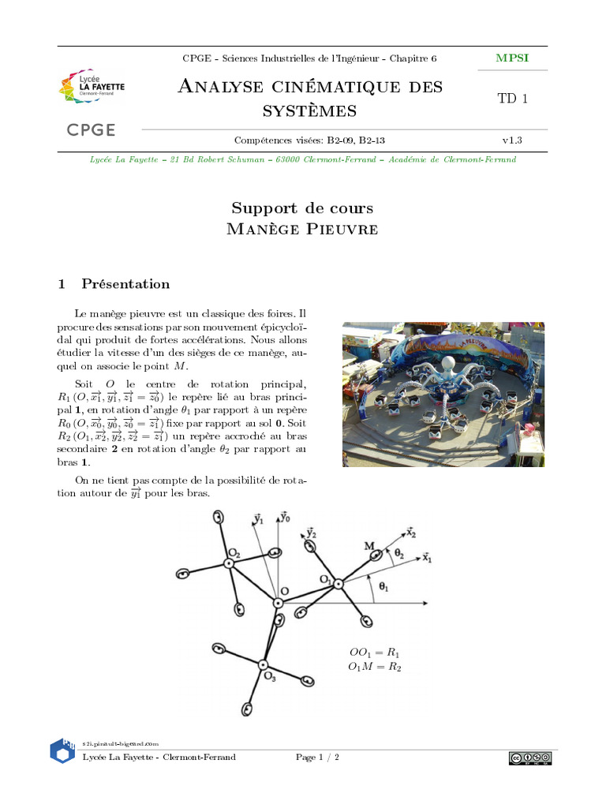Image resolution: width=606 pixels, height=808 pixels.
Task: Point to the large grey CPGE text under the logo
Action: [92, 130]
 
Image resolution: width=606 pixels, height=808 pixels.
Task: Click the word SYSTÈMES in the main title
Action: [310, 111]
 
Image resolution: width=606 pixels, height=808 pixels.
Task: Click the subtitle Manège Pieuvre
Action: [302, 230]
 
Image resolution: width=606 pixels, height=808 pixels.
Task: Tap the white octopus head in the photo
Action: [447, 365]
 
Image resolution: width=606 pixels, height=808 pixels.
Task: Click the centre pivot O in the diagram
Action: [278, 603]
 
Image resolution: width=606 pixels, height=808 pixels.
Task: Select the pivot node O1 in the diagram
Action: [338, 584]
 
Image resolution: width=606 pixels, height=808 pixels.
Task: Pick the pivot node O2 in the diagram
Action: [228, 563]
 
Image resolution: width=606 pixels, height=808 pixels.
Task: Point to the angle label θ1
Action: [384, 586]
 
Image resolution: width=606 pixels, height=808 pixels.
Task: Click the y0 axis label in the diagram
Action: [285, 518]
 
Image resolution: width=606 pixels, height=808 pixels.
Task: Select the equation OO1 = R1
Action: [375, 653]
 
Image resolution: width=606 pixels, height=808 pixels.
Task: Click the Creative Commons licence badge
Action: [529, 758]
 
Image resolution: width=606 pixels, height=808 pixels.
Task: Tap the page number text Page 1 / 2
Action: [317, 757]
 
